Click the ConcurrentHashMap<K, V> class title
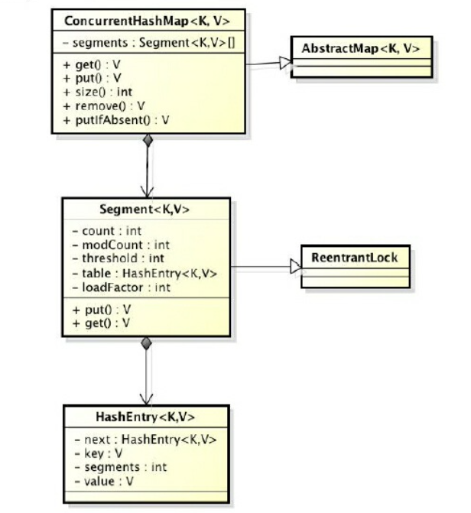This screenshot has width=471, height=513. click(147, 21)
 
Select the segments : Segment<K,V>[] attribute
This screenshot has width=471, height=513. click(148, 44)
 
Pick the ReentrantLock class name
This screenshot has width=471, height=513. click(355, 257)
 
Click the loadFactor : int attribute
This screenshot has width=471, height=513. click(122, 287)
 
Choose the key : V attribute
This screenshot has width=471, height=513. click(96, 453)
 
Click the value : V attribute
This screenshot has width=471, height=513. click(103, 481)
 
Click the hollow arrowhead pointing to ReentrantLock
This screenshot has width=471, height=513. click(294, 267)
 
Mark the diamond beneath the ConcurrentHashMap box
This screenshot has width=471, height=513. click(148, 141)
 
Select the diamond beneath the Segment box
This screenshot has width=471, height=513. click(147, 344)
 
